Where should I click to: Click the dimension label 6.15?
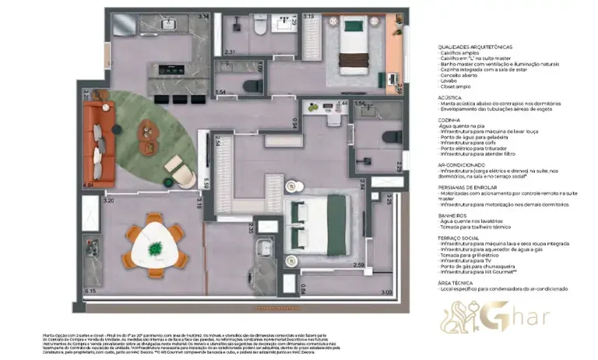[90, 290]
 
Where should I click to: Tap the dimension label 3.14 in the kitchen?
[204, 16]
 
